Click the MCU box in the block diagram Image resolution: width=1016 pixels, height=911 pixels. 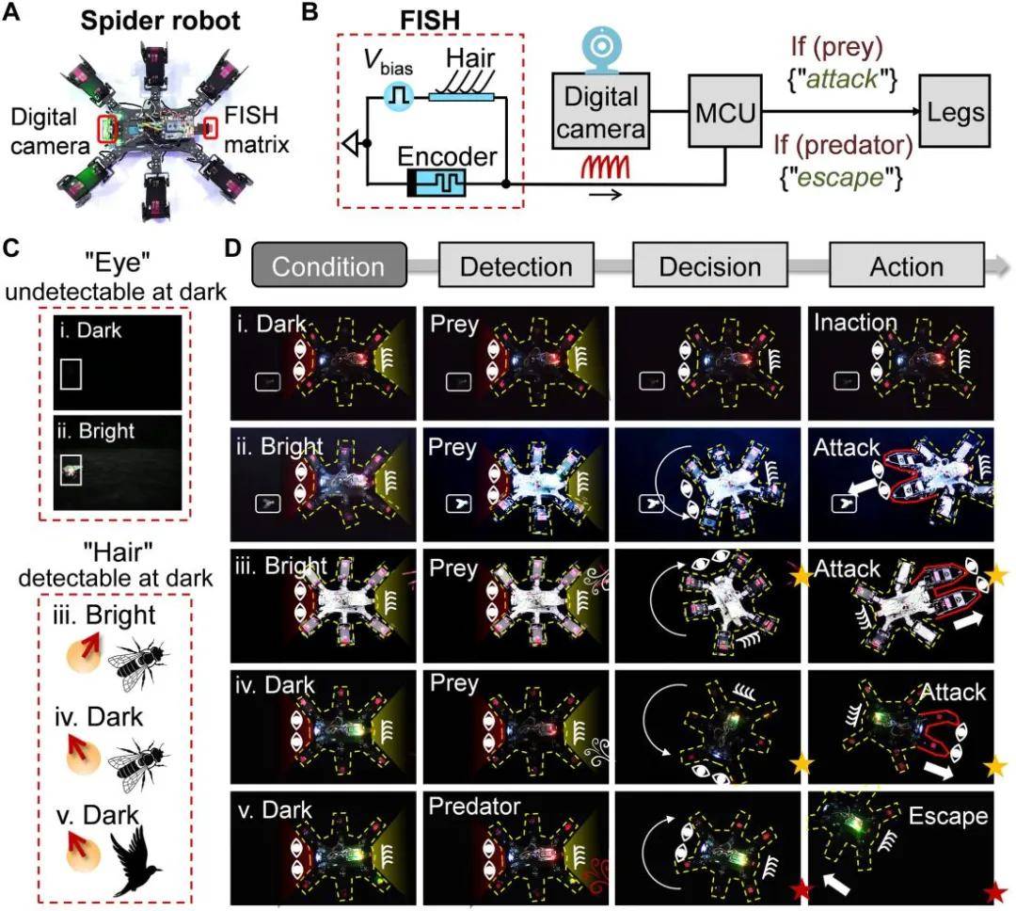724,111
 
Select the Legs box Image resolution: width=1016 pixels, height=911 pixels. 955,111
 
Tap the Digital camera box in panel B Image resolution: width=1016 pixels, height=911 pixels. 600,112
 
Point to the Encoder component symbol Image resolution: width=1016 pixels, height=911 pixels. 437,184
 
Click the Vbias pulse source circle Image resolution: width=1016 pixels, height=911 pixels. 398,97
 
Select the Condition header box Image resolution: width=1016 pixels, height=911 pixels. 329,264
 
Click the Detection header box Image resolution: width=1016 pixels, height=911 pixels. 516,264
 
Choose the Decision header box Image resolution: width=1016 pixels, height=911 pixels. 710,264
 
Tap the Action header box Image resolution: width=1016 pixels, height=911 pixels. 907,264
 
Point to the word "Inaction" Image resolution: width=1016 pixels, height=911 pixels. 855,322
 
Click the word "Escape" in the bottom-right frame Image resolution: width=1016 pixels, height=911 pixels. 948,816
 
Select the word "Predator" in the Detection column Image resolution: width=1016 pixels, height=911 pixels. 474,806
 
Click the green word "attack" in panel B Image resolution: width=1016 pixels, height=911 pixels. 842,79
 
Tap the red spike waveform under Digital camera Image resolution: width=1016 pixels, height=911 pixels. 605,168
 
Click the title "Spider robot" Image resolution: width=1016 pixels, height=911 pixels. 160,21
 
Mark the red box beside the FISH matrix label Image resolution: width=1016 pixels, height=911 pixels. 211,128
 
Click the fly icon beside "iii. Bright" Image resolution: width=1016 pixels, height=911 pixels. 137,664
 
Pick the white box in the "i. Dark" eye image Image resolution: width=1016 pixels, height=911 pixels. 71,375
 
